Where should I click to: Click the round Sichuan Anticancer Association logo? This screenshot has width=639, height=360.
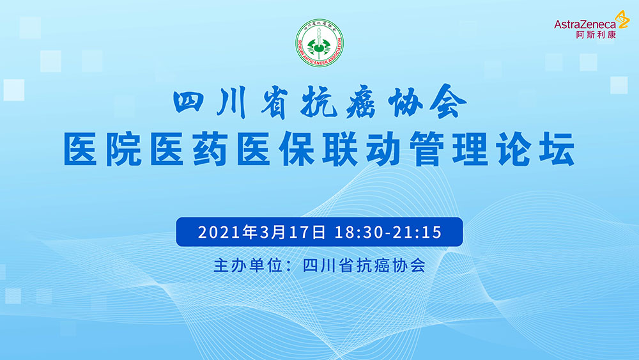[319, 43]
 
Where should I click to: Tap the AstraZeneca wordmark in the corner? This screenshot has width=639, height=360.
[585, 24]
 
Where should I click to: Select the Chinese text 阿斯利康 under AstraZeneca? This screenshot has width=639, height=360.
[596, 35]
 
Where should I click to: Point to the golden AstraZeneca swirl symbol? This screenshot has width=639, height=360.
[622, 20]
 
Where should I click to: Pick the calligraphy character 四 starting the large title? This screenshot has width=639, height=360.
[189, 102]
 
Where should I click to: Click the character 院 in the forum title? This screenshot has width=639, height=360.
[124, 149]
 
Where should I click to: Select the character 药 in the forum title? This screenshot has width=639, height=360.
[210, 149]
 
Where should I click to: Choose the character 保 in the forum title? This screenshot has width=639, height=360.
[296, 149]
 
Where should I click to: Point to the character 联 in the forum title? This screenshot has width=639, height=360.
[340, 149]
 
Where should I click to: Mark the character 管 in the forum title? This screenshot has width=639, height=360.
[426, 149]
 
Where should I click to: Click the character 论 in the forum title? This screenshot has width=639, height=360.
[514, 149]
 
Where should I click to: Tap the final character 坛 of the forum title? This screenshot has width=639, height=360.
[557, 149]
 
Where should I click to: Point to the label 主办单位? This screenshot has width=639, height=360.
[248, 266]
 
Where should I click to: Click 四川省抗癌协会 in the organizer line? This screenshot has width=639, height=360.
[364, 266]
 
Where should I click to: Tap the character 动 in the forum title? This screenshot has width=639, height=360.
[383, 149]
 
